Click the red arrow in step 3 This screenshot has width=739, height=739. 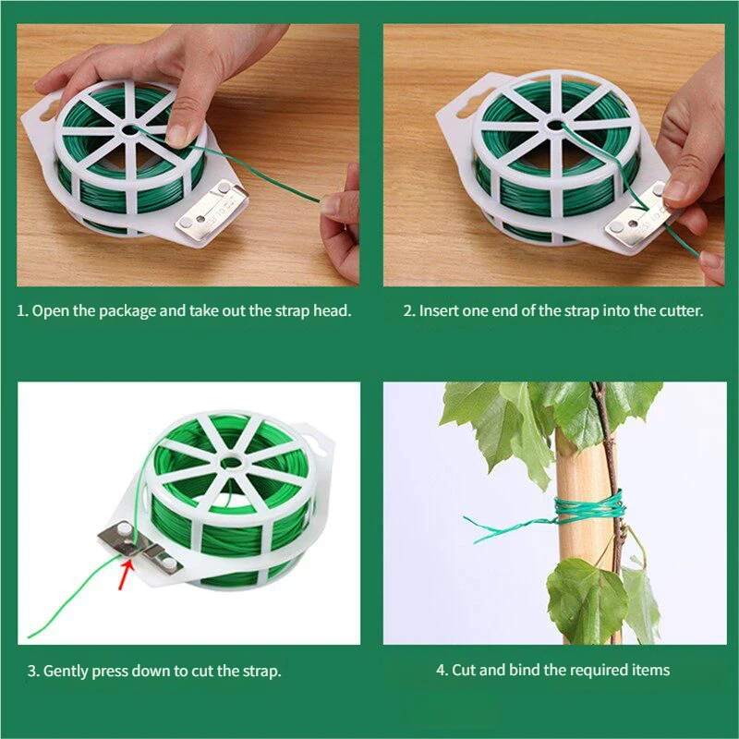point(127,574)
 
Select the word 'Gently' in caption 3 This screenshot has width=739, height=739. point(65,672)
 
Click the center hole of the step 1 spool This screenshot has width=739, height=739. point(129,129)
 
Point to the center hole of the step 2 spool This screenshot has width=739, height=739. point(556,126)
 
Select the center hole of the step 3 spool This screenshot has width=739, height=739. point(231,463)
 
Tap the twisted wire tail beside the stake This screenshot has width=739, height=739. point(509,527)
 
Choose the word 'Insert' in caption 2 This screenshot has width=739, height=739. point(439,311)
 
